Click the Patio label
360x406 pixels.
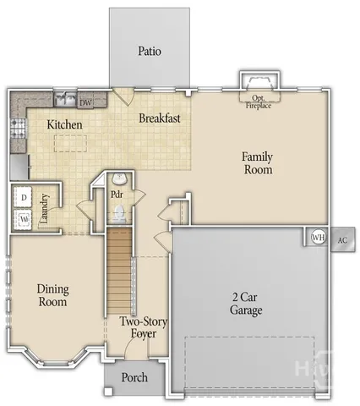point(150,51)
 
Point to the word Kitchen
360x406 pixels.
point(64,124)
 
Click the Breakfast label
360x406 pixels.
point(160,119)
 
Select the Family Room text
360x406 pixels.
point(257,162)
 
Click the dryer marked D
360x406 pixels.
point(24,197)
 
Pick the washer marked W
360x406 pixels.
point(24,218)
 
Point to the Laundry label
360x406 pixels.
point(48,207)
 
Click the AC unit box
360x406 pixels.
point(341,239)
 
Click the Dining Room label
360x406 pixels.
point(52,295)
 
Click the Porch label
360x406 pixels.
point(134,377)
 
